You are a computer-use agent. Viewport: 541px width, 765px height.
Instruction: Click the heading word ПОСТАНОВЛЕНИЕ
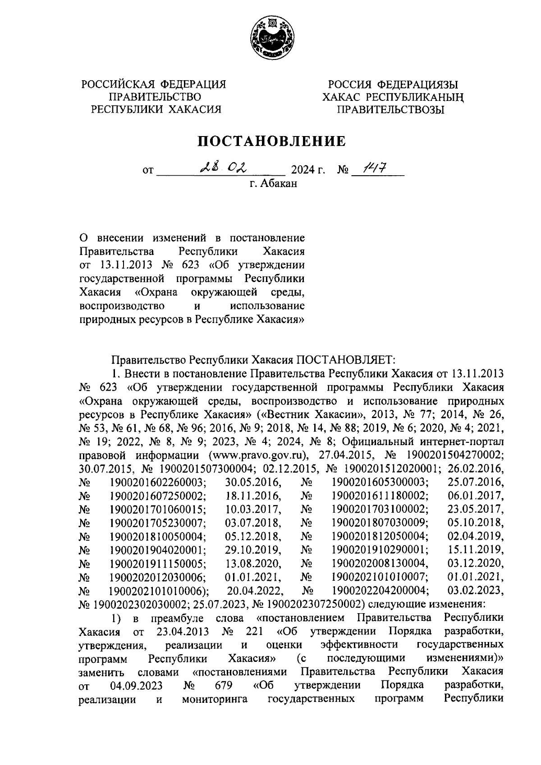coord(273,141)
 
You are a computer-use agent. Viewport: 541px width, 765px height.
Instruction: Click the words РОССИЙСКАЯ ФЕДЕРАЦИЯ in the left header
coord(153,84)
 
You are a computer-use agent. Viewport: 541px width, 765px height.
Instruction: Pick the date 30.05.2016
coord(253,483)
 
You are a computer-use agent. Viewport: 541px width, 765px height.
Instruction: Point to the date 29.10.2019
coord(253,550)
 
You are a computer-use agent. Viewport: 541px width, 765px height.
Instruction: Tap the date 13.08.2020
coord(253,563)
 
